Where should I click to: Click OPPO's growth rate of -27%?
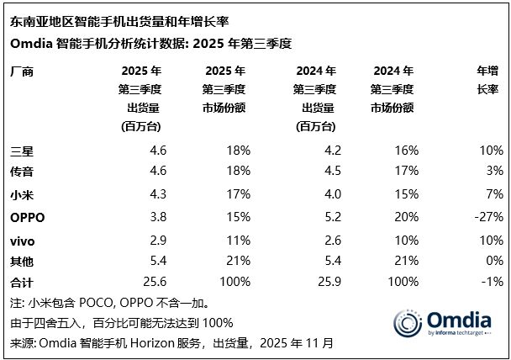[x=489, y=216]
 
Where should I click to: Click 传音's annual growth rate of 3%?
[x=494, y=172]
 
